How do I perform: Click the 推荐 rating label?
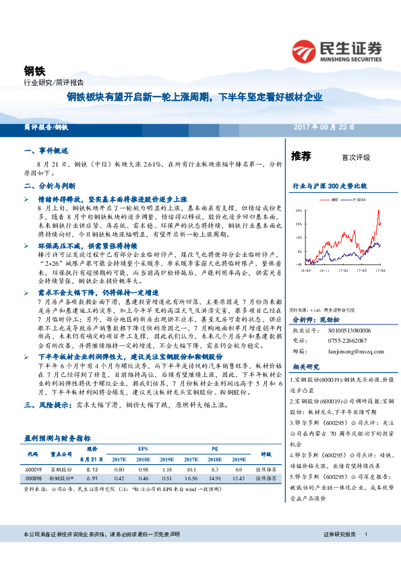[x=301, y=157]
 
